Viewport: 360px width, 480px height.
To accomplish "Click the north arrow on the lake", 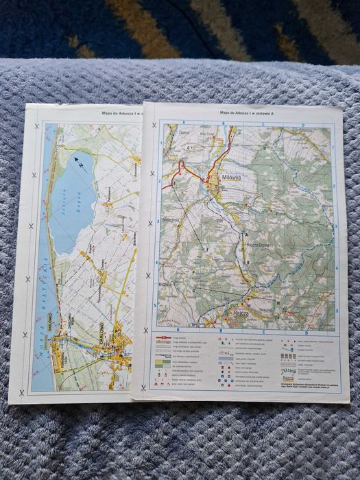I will point(80,163).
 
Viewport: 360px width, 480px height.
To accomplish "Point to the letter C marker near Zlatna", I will point(187,148).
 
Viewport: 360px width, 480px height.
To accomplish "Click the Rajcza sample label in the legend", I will point(287,378).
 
